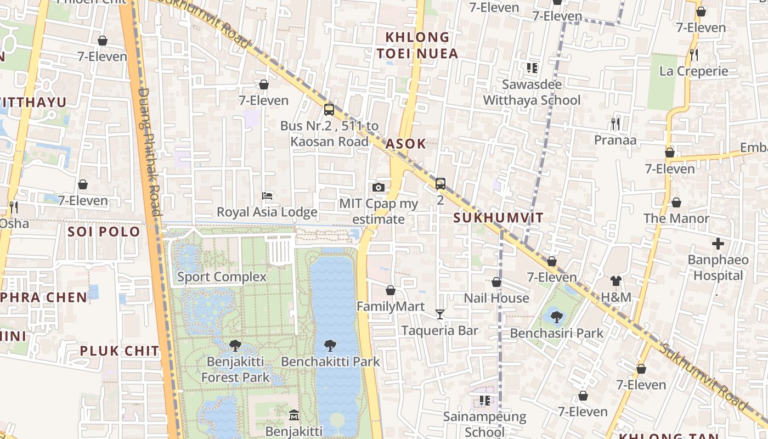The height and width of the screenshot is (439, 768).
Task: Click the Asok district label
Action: pos(405,144)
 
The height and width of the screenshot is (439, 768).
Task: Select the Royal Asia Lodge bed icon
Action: pos(267,195)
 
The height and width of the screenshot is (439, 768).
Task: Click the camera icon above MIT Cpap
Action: pos(378,187)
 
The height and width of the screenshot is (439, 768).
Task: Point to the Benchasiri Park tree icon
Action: pos(557,317)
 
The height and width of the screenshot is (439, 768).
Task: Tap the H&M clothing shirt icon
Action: pos(616,281)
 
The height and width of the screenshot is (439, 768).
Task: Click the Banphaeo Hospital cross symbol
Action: pos(718,243)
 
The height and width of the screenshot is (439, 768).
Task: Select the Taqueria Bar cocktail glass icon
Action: pos(439,314)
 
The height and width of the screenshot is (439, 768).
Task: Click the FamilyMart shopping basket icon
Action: pos(391,290)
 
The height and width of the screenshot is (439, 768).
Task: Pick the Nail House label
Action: pos(496,298)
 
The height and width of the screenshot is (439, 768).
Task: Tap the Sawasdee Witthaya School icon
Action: pos(532,68)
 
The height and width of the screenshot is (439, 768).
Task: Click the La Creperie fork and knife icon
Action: pos(694,54)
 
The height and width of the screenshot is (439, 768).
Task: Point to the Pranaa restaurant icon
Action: pos(615,123)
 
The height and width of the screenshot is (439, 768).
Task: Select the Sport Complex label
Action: pos(222,277)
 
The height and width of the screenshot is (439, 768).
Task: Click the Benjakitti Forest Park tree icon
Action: pos(235,346)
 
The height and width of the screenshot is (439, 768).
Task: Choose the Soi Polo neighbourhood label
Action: pos(104,232)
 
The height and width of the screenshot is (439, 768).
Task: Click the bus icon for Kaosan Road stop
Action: pos(329,109)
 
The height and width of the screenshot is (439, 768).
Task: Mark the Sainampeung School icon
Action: pos(484,401)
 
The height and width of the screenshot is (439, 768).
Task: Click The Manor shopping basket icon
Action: pos(676,202)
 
